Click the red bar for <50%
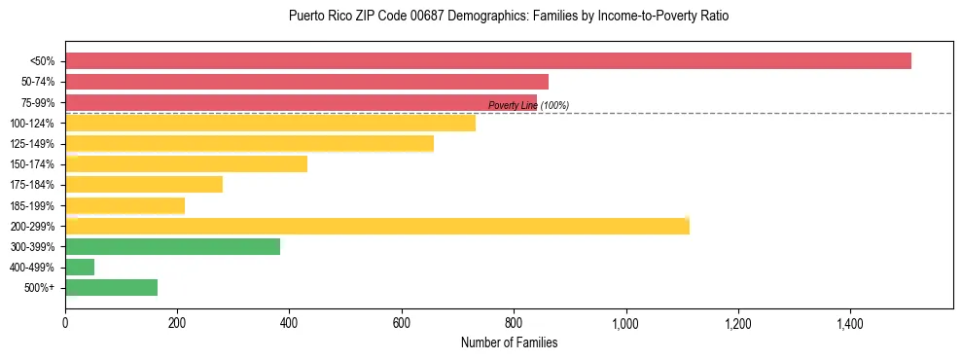tap(487, 61)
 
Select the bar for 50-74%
tap(306, 82)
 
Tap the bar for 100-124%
tap(270, 123)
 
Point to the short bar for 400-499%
tap(80, 267)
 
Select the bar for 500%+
tap(111, 287)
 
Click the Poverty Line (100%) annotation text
tap(528, 105)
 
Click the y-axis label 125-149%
tap(32, 144)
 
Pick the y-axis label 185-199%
tap(32, 205)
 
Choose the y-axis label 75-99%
tap(36, 102)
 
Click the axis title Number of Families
tap(509, 342)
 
